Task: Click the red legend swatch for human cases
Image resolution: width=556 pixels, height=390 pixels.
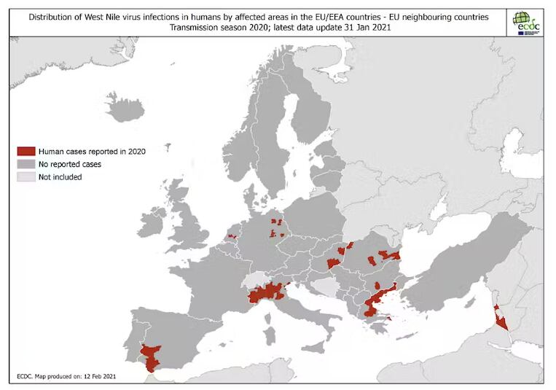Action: point(26,151)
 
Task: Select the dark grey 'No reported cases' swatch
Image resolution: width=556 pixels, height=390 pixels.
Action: point(26,164)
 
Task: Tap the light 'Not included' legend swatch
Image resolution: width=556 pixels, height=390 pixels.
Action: point(26,176)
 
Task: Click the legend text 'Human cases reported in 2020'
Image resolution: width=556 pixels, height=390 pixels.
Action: point(92,151)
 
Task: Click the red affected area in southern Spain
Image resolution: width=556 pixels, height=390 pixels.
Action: point(152,356)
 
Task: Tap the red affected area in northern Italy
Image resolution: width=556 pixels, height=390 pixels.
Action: point(267,293)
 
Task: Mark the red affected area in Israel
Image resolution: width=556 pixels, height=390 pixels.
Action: point(500,319)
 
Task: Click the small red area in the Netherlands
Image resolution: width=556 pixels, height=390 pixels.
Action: point(232,236)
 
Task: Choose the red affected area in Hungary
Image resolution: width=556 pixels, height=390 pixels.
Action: point(334,263)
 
